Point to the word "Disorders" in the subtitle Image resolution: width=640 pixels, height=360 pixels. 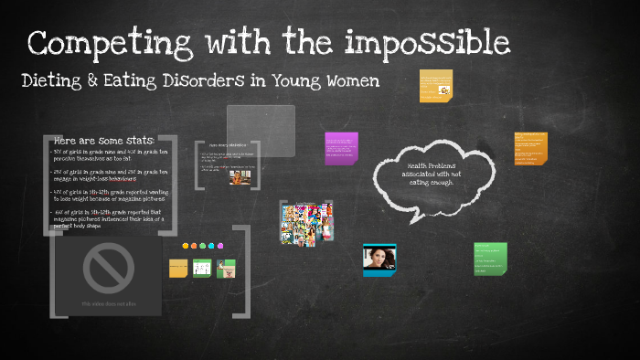tap(206, 81)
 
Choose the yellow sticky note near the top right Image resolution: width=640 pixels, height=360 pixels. tap(436, 86)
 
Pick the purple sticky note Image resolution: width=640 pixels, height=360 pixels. tap(341, 148)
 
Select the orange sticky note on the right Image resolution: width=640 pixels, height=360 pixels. tap(530, 147)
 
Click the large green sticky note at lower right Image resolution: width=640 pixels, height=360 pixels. tap(491, 259)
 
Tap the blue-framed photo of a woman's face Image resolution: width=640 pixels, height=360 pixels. tap(379, 260)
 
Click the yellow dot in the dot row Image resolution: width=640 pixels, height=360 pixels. tap(186, 246)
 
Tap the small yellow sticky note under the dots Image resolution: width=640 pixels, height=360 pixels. tap(178, 269)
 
